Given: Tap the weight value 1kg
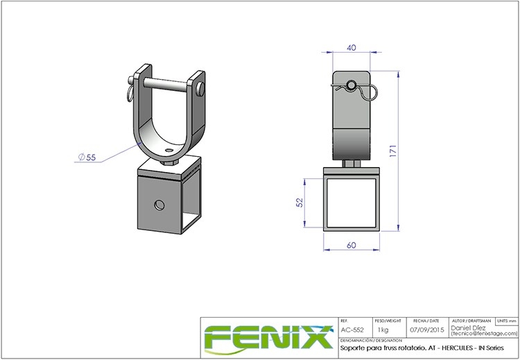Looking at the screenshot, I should click(x=383, y=330).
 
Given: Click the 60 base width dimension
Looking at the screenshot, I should click(x=351, y=246).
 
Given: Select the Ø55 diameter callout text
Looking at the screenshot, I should click(x=87, y=157).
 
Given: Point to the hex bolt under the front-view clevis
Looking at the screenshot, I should click(x=352, y=164).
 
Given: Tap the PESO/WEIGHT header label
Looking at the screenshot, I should click(x=386, y=322).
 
